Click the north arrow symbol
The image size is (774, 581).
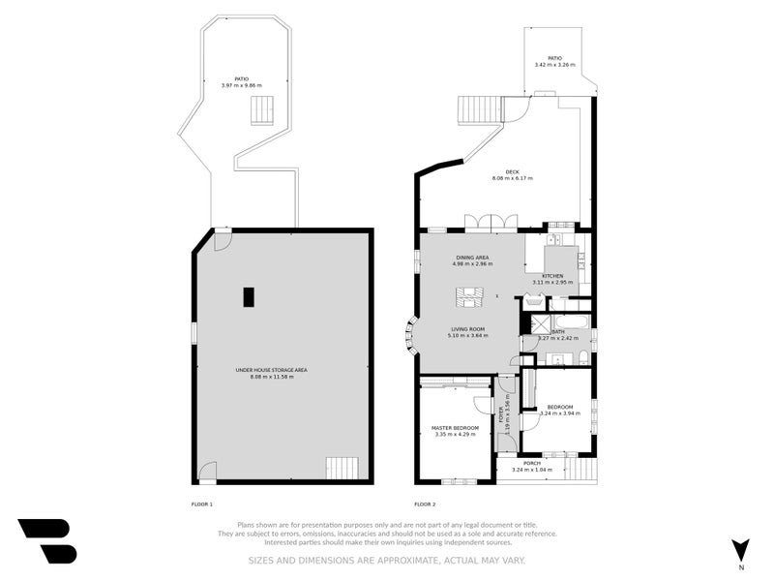point(740,549)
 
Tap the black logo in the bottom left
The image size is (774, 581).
point(46,540)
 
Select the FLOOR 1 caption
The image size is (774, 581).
point(202,505)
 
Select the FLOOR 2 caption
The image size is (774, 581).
point(425,505)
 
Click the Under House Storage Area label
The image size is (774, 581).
point(271,370)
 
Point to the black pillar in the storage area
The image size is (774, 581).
point(249,297)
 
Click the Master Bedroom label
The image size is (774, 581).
point(455,427)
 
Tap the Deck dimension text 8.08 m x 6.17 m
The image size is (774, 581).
point(512,178)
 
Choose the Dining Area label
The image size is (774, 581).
point(472,258)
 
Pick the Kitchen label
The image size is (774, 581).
point(552,276)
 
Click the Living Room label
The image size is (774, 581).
point(467,329)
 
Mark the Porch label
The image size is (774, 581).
point(532,463)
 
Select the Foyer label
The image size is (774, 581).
point(500,416)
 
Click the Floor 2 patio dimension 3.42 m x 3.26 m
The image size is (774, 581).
point(554,65)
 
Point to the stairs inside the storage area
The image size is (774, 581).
point(342,469)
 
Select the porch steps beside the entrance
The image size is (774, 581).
point(580,469)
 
